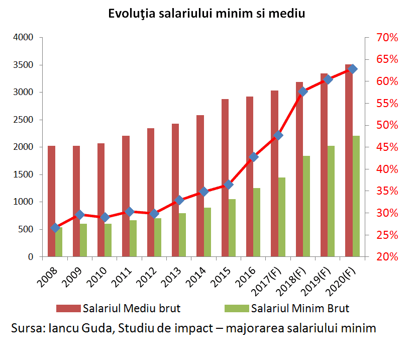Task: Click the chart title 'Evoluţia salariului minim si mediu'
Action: tap(207, 14)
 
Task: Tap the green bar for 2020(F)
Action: tap(356, 196)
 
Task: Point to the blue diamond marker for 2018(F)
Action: tap(303, 92)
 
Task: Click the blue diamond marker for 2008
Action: tap(55, 228)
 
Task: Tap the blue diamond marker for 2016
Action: tap(253, 157)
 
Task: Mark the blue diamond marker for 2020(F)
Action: tap(353, 69)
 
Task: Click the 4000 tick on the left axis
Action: tap(23, 38)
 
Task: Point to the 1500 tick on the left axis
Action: tap(23, 174)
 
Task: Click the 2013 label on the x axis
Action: tap(172, 274)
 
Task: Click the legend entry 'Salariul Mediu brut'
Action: tap(132, 308)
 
